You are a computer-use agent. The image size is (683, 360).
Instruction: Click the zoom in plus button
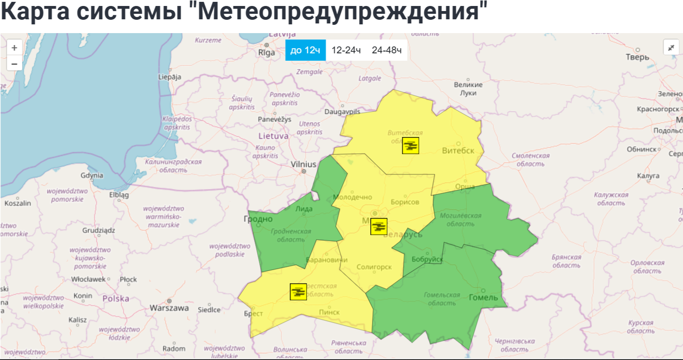(x=14, y=47)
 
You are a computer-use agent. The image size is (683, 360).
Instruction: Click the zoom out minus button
(x=14, y=63)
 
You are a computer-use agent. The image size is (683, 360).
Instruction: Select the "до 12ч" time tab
(x=305, y=50)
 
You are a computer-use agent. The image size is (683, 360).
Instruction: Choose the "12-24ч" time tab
(x=346, y=50)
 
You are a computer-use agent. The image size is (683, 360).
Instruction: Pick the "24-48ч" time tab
(x=387, y=50)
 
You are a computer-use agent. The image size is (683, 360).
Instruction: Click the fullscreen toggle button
(x=671, y=47)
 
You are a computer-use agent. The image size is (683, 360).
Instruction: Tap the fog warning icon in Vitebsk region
(x=410, y=146)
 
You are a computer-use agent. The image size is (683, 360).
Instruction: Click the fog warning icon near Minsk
(x=379, y=226)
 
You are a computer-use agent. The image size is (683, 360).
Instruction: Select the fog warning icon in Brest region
(x=298, y=292)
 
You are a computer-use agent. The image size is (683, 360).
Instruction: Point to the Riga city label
(x=267, y=52)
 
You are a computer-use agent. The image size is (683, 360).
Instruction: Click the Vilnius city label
(x=304, y=164)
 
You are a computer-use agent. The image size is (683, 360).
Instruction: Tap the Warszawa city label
(x=169, y=308)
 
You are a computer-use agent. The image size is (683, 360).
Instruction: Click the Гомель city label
(x=483, y=297)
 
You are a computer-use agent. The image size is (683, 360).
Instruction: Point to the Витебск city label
(x=458, y=150)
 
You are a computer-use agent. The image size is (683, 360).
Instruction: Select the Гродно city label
(x=258, y=219)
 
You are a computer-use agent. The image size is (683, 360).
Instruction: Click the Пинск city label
(x=329, y=313)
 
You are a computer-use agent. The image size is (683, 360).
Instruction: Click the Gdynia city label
(x=92, y=175)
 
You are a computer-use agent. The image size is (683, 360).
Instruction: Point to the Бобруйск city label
(x=428, y=260)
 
